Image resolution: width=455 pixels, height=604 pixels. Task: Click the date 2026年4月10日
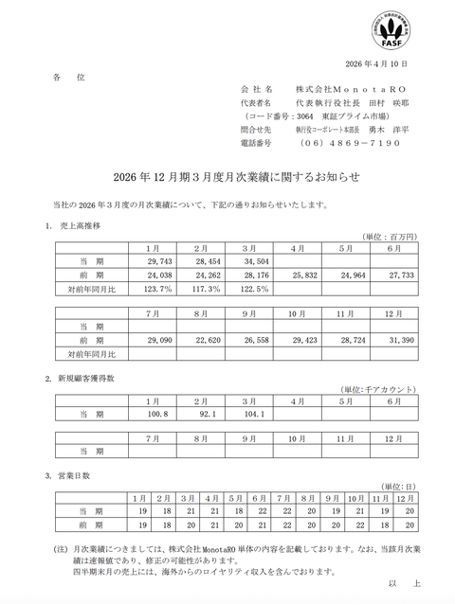pyautogui.click(x=375, y=63)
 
